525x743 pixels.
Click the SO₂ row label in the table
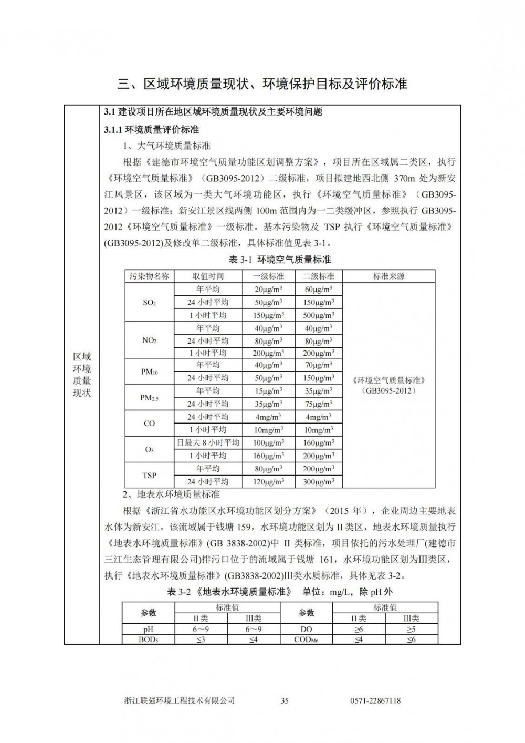click(149, 303)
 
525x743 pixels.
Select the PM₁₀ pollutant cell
click(149, 372)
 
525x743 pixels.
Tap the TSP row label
click(149, 476)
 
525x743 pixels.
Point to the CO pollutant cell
click(149, 424)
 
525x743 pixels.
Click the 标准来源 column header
click(388, 276)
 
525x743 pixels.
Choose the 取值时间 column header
click(208, 276)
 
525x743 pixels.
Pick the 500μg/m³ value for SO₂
click(319, 315)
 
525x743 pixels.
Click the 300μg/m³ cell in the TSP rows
click(319, 482)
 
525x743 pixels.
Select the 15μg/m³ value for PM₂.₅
click(268, 391)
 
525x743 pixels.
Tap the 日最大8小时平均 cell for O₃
click(208, 443)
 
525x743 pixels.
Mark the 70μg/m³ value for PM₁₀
click(319, 365)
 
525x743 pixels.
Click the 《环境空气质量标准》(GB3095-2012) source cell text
click(388, 385)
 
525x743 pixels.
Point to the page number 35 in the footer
click(285, 700)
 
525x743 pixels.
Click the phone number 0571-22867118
click(375, 700)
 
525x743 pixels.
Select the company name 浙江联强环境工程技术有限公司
click(180, 700)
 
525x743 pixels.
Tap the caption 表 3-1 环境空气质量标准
click(280, 260)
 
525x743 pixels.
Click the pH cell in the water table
click(149, 630)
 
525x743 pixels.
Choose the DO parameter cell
click(306, 630)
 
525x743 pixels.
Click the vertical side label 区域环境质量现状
click(81, 375)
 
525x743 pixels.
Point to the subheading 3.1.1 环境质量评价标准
click(152, 129)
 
